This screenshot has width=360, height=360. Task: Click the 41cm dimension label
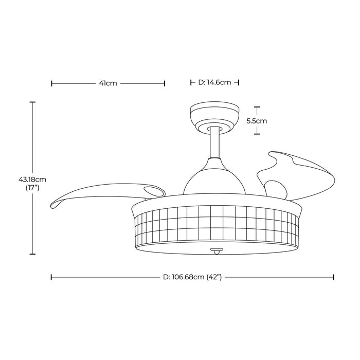[109, 83]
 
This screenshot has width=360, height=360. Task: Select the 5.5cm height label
[257, 121]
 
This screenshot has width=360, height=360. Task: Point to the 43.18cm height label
[32, 179]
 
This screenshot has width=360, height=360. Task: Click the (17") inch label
[32, 188]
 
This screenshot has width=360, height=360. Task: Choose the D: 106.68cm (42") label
[192, 277]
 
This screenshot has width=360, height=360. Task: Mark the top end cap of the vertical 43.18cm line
[32, 102]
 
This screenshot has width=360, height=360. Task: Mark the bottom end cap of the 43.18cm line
[32, 254]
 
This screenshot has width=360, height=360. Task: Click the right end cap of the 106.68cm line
[334, 277]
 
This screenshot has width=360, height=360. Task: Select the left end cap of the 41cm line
[52, 83]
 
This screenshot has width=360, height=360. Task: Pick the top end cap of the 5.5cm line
[257, 107]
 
